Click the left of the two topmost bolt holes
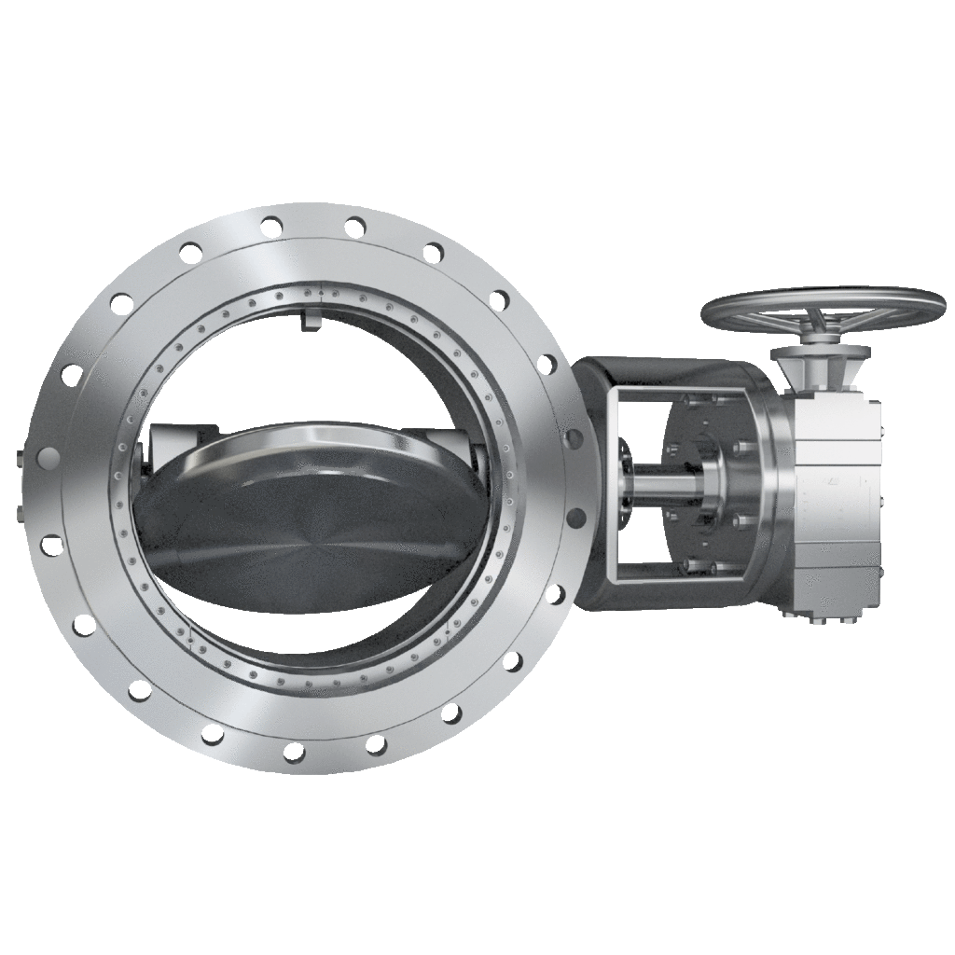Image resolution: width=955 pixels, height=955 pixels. [x=271, y=226]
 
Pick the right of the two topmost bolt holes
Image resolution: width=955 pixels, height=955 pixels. [x=355, y=227]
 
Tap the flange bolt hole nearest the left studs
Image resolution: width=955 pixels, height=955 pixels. [x=48, y=458]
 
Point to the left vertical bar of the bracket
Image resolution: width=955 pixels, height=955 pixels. [x=611, y=485]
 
